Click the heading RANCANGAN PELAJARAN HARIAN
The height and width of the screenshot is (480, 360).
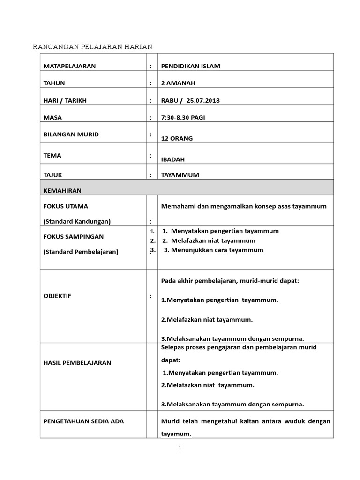coord(92,46)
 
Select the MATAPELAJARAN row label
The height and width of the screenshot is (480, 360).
coord(69,66)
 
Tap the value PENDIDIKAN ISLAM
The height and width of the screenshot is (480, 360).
coord(190,66)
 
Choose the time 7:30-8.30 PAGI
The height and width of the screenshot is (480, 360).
coord(183,117)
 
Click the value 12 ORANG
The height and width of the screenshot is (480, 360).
coord(177,138)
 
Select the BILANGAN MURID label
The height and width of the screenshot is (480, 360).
coord(71,135)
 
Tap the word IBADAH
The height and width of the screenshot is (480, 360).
coord(172,159)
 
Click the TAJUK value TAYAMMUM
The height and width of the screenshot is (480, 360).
coord(180,175)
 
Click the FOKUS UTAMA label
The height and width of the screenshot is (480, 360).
coord(66,206)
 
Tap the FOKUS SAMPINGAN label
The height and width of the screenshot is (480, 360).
coord(73,236)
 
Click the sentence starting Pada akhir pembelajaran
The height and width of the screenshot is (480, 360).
coord(230,281)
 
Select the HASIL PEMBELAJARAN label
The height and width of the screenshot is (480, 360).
coord(78,362)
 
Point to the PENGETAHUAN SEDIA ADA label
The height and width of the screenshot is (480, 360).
coord(83,421)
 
